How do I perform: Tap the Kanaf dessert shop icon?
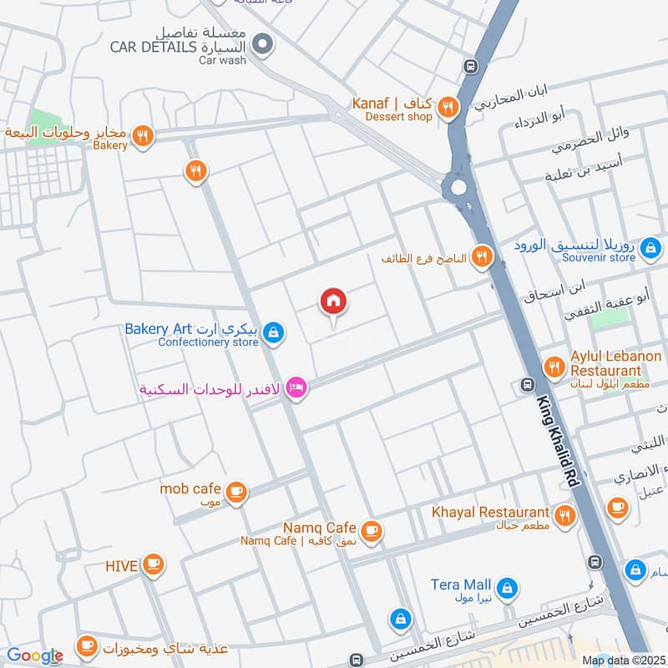[449, 106]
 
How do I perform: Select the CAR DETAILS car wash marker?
[263, 44]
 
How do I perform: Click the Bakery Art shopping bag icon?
[273, 334]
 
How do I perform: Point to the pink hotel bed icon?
[296, 388]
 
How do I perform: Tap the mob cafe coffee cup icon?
[236, 491]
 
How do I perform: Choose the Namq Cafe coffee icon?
[372, 529]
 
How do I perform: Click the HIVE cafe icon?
[152, 565]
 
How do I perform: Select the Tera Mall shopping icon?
[507, 590]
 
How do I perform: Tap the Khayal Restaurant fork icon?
[566, 516]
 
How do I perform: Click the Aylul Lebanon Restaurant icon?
[554, 367]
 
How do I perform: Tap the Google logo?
[34, 655]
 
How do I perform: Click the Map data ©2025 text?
[621, 660]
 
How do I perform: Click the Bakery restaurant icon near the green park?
[143, 135]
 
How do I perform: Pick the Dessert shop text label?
[399, 117]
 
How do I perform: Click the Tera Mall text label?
[461, 584]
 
